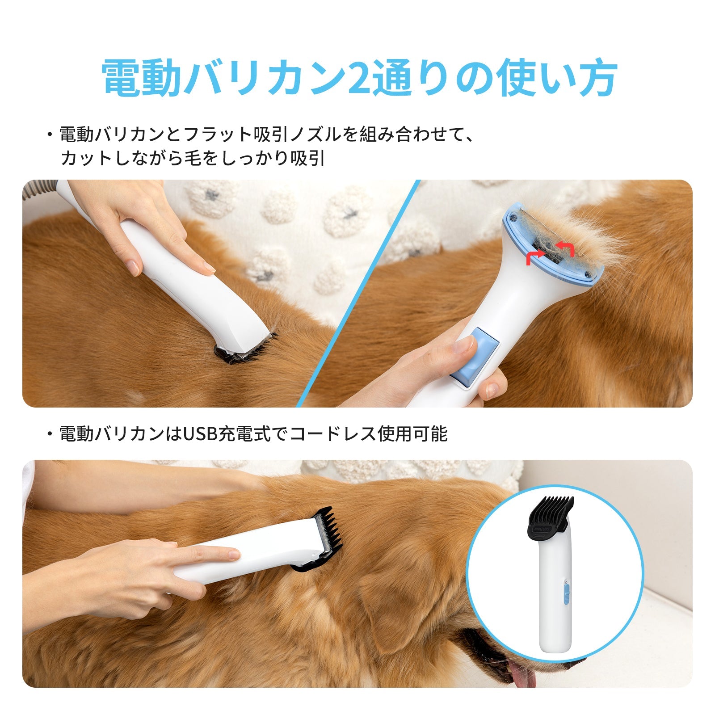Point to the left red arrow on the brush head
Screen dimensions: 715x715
tap(535, 257)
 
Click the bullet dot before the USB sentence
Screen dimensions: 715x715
tap(50, 434)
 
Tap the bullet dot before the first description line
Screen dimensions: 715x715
tap(50, 134)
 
